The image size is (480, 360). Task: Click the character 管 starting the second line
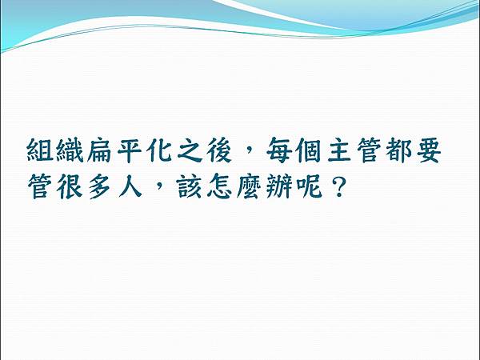pyautogui.click(x=39, y=189)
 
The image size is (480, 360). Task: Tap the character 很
pyautogui.click(x=69, y=189)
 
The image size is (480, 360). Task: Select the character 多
pyautogui.click(x=98, y=189)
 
